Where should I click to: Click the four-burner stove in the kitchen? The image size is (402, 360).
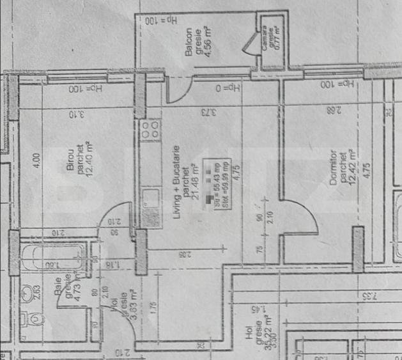(x=151, y=130)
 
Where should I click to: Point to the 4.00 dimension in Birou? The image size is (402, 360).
(x=36, y=157)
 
